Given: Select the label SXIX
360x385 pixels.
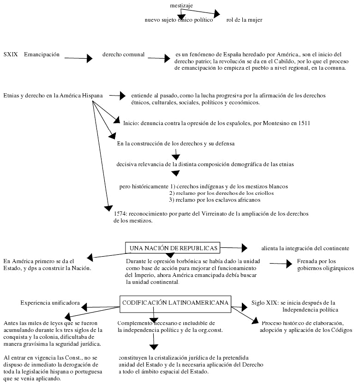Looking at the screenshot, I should [x=11, y=54].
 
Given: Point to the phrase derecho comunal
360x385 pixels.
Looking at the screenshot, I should [x=123, y=54].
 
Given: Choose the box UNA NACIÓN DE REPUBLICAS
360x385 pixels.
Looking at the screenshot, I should [x=173, y=248].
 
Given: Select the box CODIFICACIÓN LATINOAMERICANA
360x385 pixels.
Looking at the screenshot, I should [x=175, y=302].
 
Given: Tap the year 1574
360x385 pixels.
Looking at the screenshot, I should [x=121, y=214].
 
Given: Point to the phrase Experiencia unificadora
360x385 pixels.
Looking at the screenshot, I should [x=50, y=303].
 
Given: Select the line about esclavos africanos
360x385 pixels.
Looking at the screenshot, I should [x=215, y=200].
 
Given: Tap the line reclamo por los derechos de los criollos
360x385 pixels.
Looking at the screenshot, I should [x=222, y=193].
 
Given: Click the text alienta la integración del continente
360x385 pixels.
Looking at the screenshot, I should [x=305, y=248].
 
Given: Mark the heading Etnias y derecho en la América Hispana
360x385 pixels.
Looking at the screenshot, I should [x=53, y=96].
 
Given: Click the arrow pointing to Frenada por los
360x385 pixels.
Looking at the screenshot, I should [x=282, y=263].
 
